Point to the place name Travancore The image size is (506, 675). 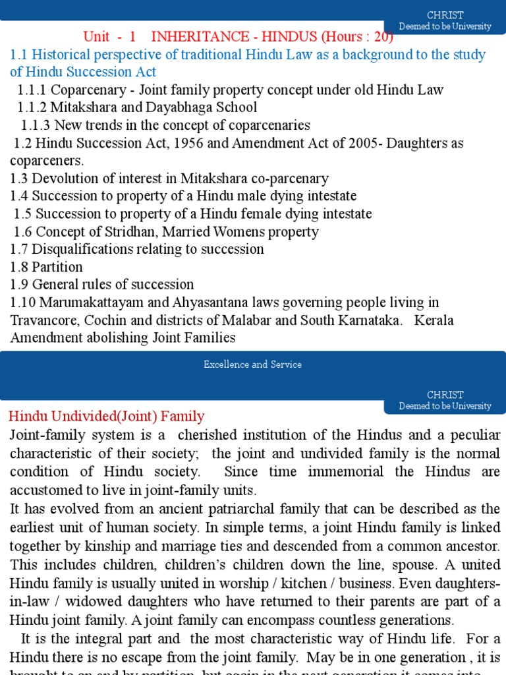43,320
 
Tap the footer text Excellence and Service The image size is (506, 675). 252,365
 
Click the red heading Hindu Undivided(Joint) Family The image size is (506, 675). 106,417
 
